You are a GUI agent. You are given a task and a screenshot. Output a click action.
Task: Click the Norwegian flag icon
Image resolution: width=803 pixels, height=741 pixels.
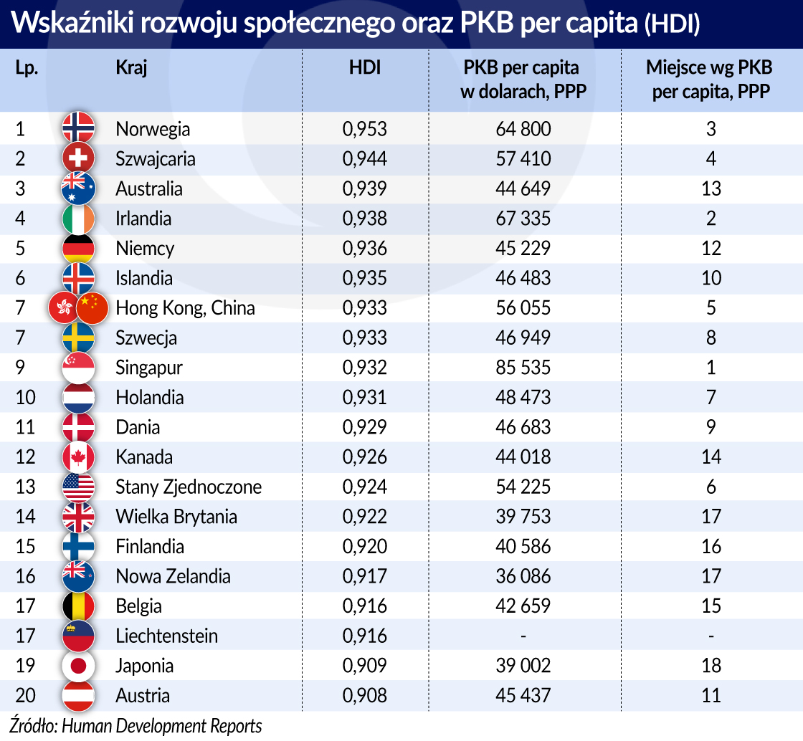point(78,129)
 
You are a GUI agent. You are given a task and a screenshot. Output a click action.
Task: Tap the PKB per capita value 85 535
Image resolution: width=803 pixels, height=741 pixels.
point(523,368)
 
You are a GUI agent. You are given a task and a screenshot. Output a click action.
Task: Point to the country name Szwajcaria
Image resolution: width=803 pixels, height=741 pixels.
point(155,158)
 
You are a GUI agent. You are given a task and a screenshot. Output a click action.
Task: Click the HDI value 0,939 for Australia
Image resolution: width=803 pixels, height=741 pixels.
point(364,188)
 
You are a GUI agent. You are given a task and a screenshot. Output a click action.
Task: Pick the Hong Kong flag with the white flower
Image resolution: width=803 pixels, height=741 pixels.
point(64,308)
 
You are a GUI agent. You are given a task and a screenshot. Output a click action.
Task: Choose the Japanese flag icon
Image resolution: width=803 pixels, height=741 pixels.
point(78,666)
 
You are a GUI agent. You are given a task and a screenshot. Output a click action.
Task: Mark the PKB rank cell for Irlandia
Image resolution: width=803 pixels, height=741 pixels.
point(711,219)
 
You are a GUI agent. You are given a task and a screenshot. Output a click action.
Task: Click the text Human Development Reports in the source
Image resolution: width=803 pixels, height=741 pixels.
point(162,725)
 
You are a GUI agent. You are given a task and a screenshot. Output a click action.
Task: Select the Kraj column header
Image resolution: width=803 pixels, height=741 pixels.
point(131,68)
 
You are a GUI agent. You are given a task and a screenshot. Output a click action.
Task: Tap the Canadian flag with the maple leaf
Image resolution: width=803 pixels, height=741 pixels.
point(78,457)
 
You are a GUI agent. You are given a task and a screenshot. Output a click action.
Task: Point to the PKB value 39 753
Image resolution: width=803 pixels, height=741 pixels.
point(523,517)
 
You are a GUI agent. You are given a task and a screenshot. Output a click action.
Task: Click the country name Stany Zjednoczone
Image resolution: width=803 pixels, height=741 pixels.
point(189,487)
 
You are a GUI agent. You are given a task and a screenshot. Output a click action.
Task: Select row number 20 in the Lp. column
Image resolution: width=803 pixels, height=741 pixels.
point(25,695)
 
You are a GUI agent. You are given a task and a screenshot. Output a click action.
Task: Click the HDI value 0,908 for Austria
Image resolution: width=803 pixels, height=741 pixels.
point(364,695)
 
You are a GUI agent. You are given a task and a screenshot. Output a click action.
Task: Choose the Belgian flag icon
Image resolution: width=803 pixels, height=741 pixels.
point(78,606)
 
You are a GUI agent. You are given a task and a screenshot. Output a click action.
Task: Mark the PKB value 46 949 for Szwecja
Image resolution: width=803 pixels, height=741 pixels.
point(523,338)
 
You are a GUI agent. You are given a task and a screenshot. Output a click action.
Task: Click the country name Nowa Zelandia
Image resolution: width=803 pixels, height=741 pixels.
point(173,576)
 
